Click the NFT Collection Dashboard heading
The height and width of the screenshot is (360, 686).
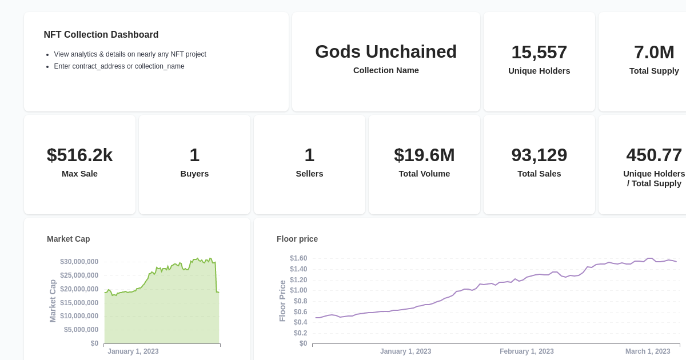[101, 35]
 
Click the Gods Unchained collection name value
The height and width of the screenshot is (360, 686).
[386, 52]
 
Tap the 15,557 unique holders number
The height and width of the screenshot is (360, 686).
[539, 53]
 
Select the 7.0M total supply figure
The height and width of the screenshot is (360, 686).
[654, 53]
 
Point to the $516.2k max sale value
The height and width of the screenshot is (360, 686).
[79, 155]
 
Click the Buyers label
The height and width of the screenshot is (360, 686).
[194, 174]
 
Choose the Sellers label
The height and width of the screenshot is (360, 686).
[309, 174]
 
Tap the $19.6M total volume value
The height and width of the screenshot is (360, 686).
[424, 155]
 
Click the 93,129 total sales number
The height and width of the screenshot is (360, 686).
[539, 155]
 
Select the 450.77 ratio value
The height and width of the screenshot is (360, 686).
[654, 155]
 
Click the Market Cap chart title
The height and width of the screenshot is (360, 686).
[69, 239]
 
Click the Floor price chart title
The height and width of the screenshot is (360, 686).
[297, 239]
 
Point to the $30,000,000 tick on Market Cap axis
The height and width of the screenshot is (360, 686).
[79, 262]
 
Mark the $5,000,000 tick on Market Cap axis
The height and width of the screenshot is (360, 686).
[81, 330]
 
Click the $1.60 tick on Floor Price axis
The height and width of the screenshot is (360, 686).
[298, 258]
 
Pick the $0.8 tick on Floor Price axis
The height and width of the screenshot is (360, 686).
[300, 301]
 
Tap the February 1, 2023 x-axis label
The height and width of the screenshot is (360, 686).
[527, 351]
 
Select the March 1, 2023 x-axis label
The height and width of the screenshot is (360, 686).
[648, 351]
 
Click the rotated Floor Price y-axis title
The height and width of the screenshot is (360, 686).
[282, 301]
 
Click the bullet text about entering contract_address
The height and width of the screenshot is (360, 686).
[119, 66]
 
